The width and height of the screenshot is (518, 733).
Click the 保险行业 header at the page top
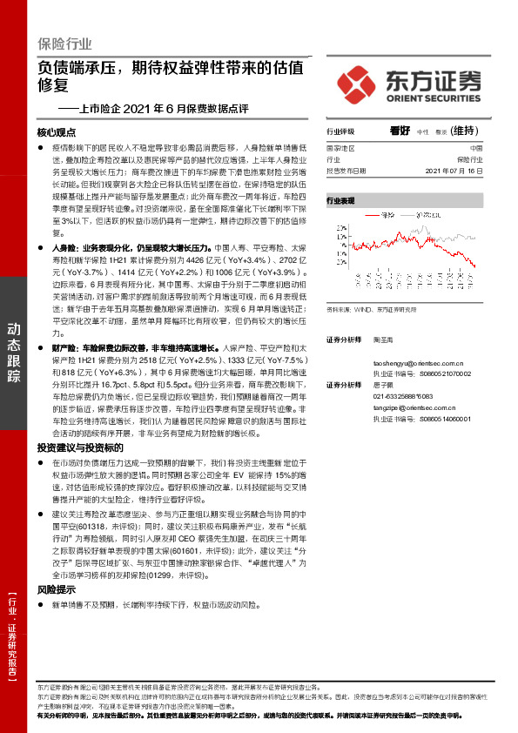(64, 44)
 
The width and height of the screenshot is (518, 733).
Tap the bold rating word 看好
(400, 131)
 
